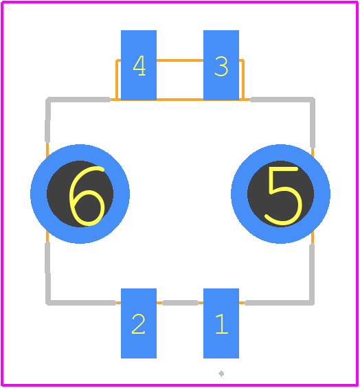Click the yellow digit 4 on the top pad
[139, 65]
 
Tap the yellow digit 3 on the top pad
[221, 67]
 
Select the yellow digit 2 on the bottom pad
[138, 324]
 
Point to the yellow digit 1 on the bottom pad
[222, 324]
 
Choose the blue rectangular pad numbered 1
[221, 323]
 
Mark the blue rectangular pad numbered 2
[139, 323]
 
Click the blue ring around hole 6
[38, 194]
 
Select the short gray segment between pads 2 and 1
[180, 303]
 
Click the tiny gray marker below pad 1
[221, 374]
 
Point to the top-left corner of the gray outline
[48, 100]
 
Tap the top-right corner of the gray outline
[313, 100]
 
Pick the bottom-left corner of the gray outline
[48, 303]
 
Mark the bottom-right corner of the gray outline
[312, 303]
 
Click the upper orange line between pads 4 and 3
[180, 60]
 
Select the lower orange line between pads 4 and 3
[180, 100]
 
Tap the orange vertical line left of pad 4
[117, 80]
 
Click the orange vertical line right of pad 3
[243, 80]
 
